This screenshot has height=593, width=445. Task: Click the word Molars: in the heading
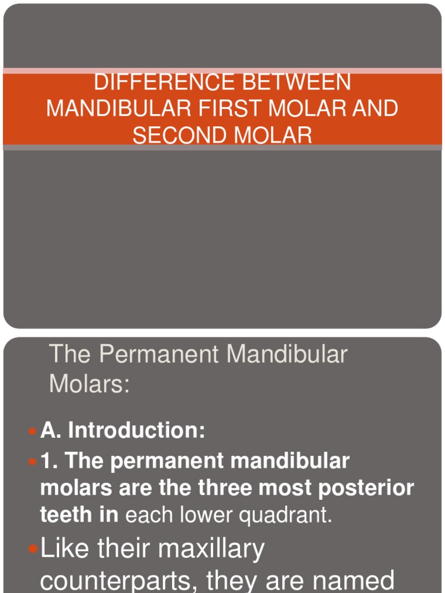(90, 383)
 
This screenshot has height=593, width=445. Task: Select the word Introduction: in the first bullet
(137, 430)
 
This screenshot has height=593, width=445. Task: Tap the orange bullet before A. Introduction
(32, 431)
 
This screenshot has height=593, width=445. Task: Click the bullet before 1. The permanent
(32, 462)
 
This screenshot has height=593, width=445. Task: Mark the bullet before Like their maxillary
(34, 549)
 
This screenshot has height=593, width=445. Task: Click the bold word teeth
(63, 515)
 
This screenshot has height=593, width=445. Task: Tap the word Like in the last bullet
(64, 548)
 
